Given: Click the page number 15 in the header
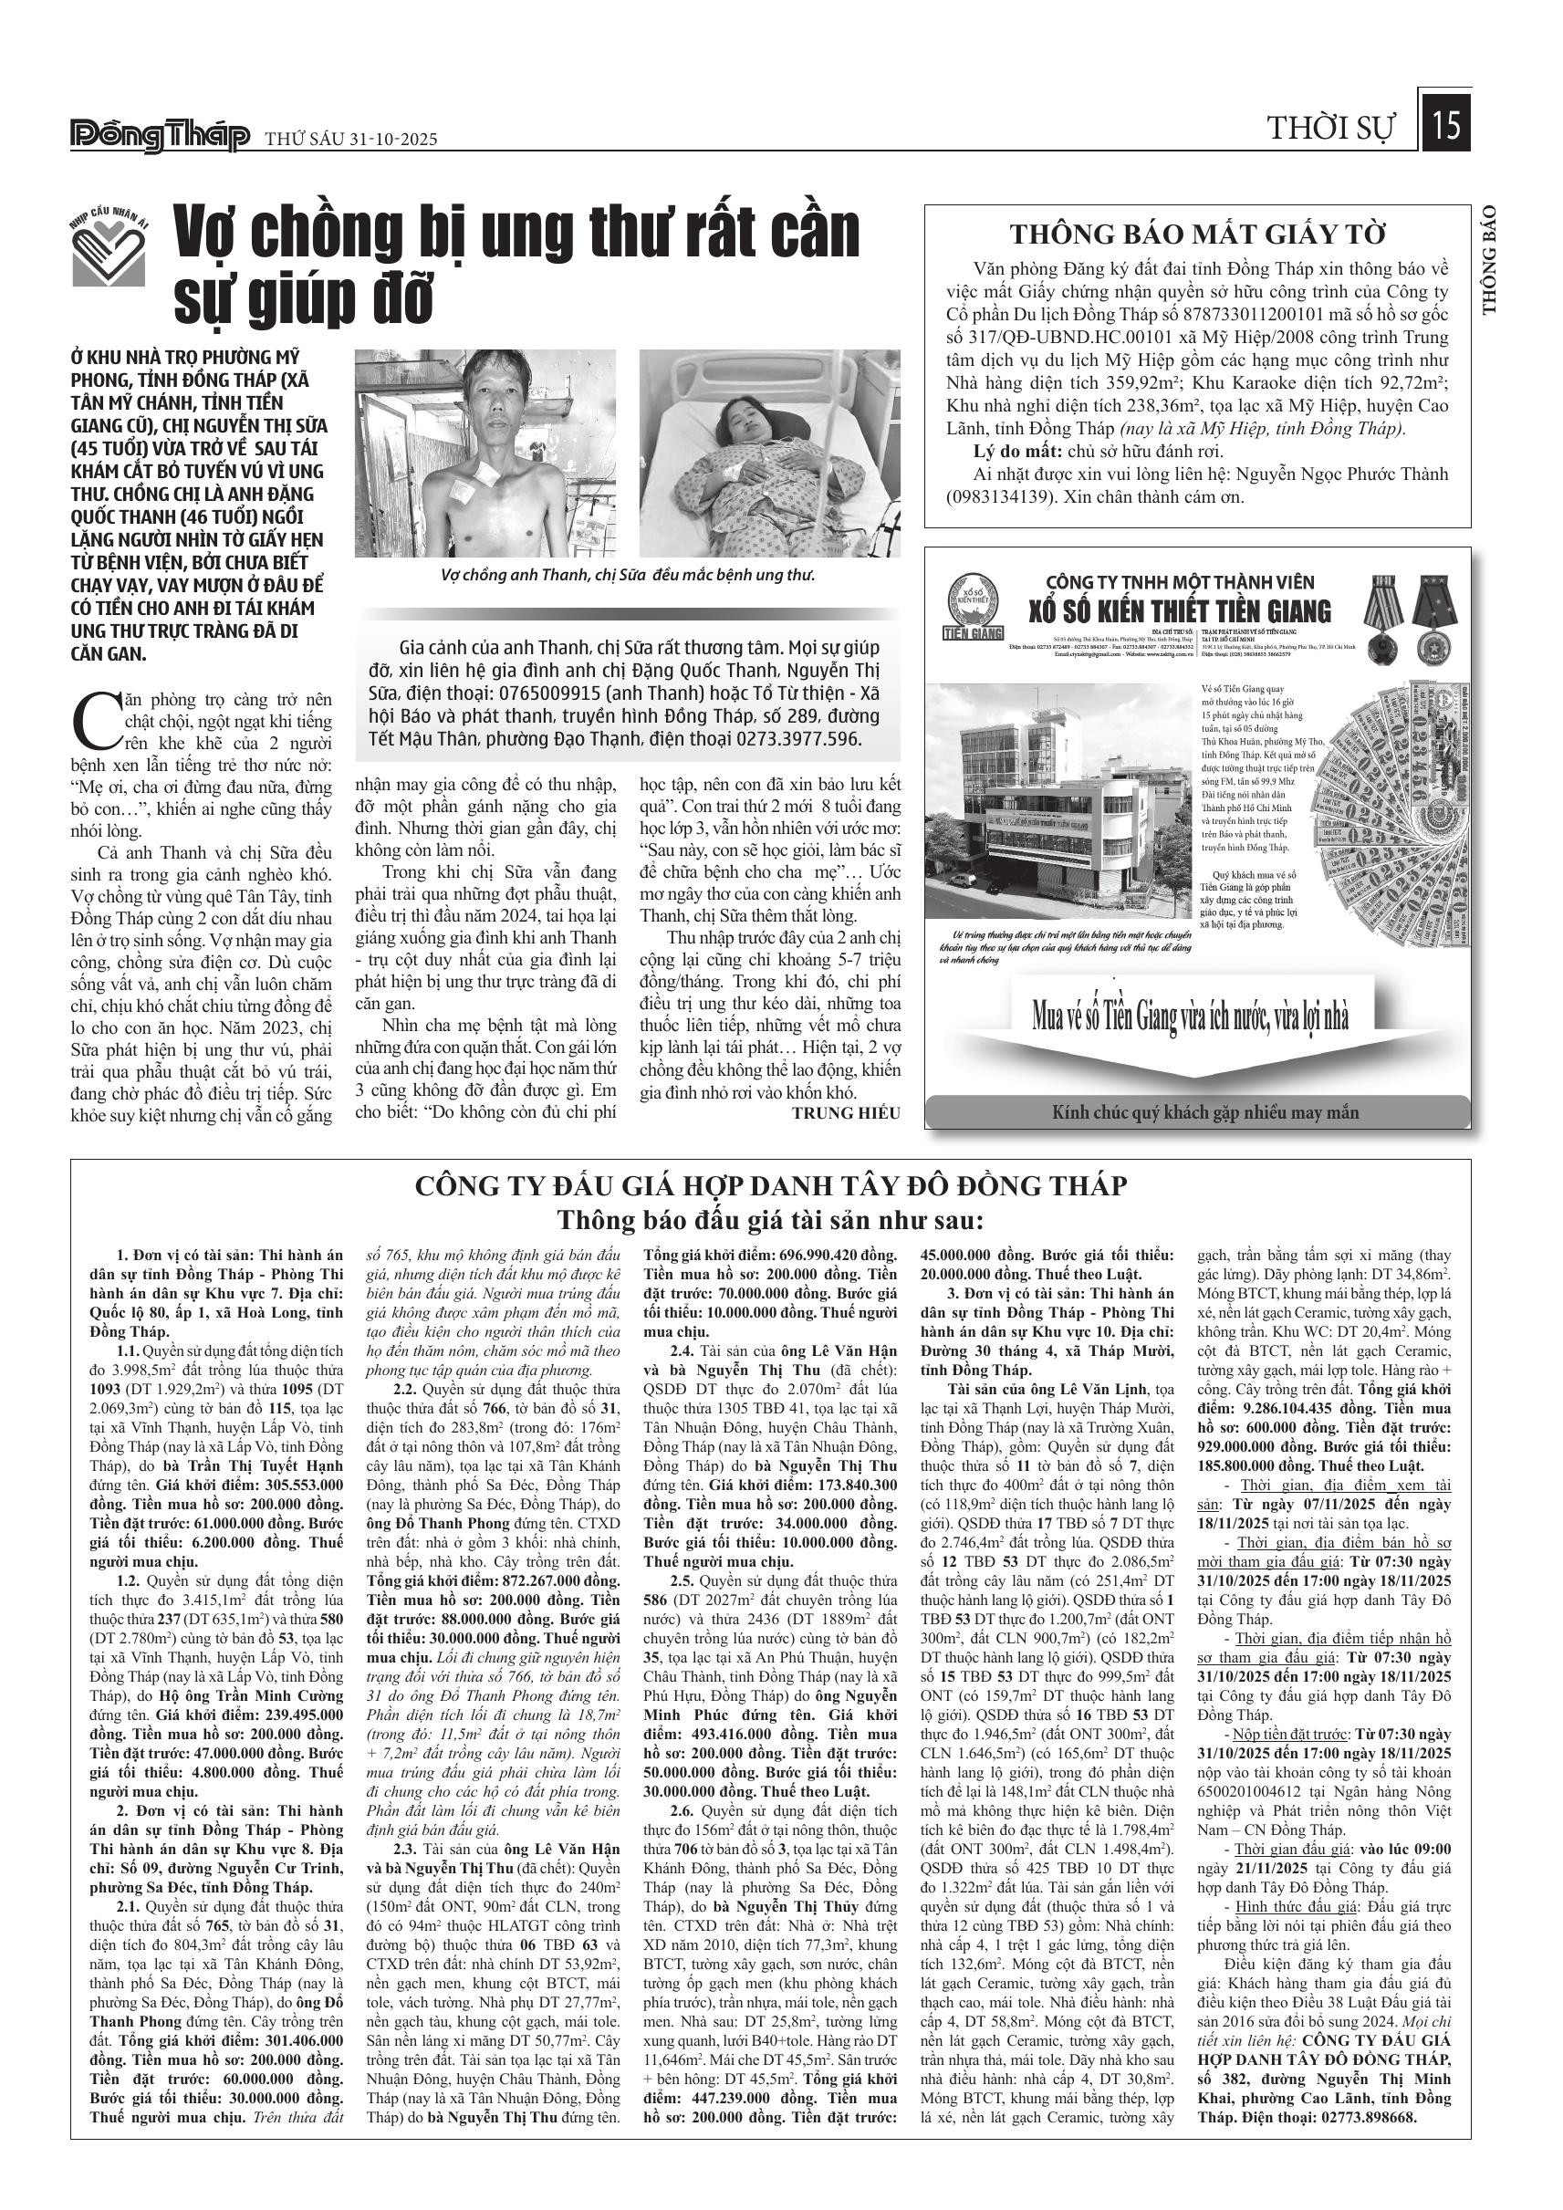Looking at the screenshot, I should [x=1444, y=125].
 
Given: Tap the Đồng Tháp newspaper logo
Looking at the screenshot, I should [x=160, y=137].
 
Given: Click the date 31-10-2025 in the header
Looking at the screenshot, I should [x=384, y=139].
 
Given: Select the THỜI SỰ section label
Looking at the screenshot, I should [x=1330, y=128].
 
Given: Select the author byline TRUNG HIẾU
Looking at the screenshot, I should [x=846, y=1112].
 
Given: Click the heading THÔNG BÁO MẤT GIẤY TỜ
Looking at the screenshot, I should [x=1197, y=234].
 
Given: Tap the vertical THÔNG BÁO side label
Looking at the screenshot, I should [x=1490, y=260].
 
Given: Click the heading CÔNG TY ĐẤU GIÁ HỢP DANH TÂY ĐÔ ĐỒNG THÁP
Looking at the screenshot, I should [x=770, y=1185].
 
